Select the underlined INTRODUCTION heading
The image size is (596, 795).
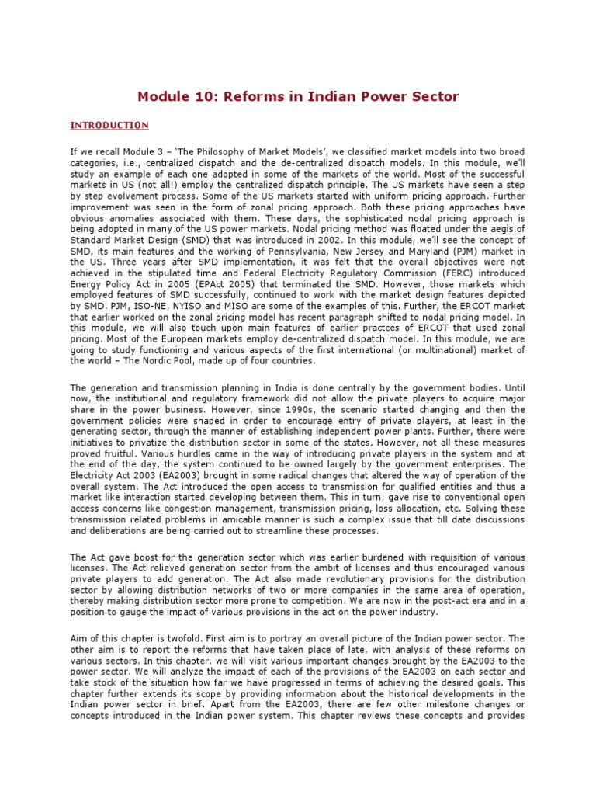pyautogui.click(x=109, y=125)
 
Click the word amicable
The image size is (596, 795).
pyautogui.click(x=216, y=522)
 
